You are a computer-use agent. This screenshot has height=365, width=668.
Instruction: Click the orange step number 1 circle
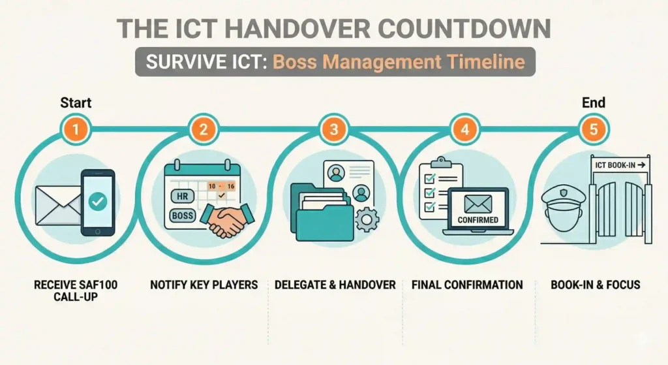pyautogui.click(x=76, y=129)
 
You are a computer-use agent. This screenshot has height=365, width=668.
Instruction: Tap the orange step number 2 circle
pyautogui.click(x=204, y=129)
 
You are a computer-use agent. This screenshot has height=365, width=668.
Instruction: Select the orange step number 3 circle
pyautogui.click(x=334, y=129)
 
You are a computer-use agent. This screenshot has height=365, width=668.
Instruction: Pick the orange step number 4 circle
pyautogui.click(x=464, y=129)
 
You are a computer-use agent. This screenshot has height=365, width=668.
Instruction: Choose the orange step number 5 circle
pyautogui.click(x=593, y=129)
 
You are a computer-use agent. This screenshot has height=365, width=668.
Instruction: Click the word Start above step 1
pyautogui.click(x=76, y=103)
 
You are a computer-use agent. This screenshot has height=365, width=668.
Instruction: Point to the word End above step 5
pyautogui.click(x=594, y=103)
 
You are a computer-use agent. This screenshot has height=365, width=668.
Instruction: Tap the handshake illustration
pyautogui.click(x=221, y=221)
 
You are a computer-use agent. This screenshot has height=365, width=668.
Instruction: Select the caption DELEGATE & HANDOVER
pyautogui.click(x=335, y=285)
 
